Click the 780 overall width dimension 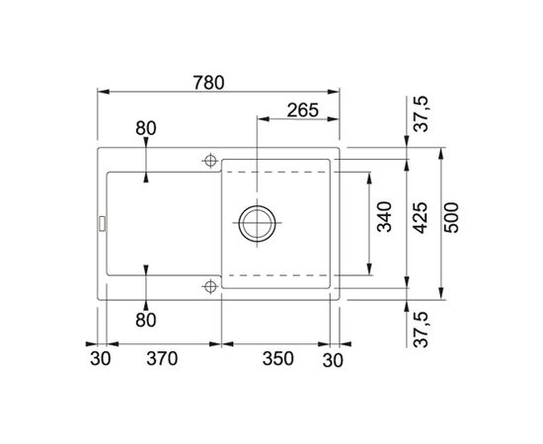point(209,83)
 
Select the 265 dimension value point(303,111)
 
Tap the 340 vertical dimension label point(384,217)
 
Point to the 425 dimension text point(421,218)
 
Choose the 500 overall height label point(451,218)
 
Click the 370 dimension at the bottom point(162,358)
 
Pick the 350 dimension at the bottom point(277,358)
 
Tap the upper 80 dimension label point(146,128)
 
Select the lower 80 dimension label point(146,320)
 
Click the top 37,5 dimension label point(422,114)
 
